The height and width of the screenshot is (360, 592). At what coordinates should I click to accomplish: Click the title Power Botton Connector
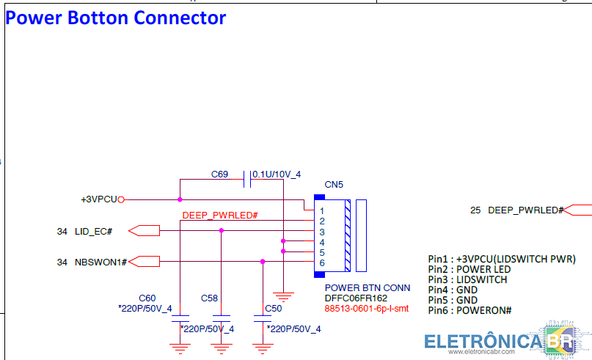(x=115, y=18)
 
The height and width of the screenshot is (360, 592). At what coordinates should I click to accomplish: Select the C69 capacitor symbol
(x=247, y=179)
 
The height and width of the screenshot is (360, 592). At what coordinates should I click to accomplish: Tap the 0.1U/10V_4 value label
(x=277, y=175)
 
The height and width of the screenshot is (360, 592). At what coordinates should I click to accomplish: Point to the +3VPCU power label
(x=99, y=199)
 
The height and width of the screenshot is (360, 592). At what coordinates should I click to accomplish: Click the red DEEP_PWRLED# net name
(x=220, y=215)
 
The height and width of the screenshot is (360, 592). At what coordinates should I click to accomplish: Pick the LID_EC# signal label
(x=94, y=231)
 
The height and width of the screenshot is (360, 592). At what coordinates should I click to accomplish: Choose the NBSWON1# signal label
(x=101, y=262)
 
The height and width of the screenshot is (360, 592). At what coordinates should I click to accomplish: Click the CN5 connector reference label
(x=334, y=185)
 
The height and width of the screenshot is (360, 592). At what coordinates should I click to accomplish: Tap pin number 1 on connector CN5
(x=321, y=211)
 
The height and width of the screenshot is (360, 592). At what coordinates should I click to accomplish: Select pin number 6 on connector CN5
(x=321, y=263)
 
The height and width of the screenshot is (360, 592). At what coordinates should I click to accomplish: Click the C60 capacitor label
(x=147, y=298)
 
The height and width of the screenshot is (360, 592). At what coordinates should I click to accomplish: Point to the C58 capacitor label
(x=209, y=298)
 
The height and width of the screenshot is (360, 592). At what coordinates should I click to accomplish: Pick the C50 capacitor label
(x=274, y=308)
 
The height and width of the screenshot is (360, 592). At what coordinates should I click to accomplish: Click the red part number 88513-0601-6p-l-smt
(x=367, y=308)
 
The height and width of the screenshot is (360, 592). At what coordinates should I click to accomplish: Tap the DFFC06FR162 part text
(x=356, y=298)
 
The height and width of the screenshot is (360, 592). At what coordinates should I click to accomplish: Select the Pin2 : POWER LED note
(x=469, y=269)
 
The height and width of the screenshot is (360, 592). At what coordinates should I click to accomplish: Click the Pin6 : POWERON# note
(x=469, y=311)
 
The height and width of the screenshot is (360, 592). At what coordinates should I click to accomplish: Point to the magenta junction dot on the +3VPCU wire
(x=180, y=199)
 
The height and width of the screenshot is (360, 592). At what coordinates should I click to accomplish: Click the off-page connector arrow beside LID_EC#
(x=145, y=230)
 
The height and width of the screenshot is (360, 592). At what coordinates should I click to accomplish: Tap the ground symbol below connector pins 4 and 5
(x=283, y=297)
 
